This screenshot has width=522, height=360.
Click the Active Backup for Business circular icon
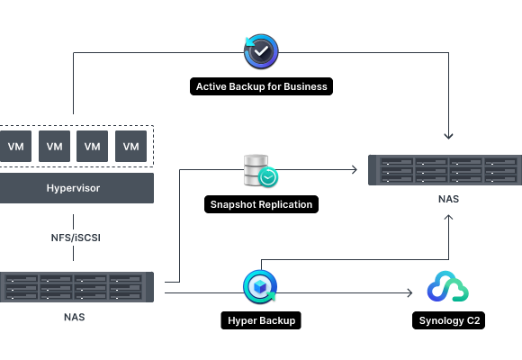click(x=261, y=51)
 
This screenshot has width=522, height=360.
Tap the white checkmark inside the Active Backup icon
click(x=261, y=51)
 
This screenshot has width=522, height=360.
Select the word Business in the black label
click(x=305, y=86)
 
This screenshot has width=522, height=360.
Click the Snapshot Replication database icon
click(x=261, y=170)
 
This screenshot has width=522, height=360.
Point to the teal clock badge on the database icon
click(x=268, y=177)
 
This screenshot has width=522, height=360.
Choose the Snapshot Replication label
click(x=261, y=204)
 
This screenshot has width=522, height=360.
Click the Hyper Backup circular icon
click(x=260, y=287)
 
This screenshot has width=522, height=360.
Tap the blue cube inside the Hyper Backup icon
click(x=260, y=286)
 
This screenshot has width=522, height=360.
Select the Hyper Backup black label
click(x=261, y=320)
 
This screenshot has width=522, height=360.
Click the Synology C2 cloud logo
click(x=448, y=286)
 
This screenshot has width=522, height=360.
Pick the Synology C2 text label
click(x=449, y=320)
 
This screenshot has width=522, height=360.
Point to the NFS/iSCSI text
click(x=76, y=238)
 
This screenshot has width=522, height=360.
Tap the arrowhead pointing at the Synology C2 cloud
click(x=410, y=292)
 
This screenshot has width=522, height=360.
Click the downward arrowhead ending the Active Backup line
click(x=448, y=137)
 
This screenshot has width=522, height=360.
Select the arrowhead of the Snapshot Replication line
click(x=355, y=169)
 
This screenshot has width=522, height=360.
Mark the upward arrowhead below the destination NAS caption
click(x=448, y=217)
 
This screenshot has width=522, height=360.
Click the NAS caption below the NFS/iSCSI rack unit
click(x=74, y=317)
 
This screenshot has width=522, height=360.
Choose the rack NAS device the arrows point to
click(x=445, y=170)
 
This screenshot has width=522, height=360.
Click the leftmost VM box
click(x=15, y=146)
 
